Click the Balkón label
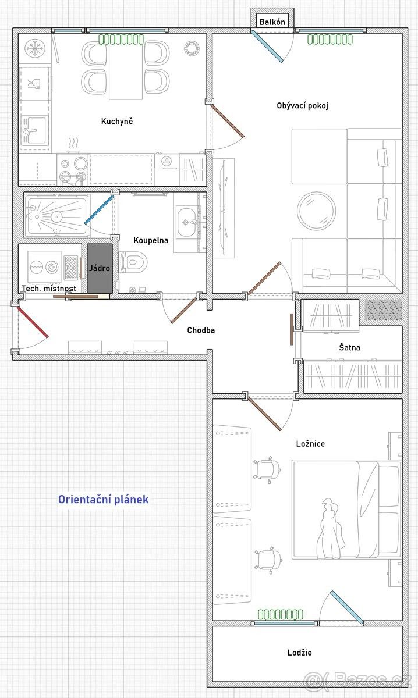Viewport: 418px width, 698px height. [x=272, y=22]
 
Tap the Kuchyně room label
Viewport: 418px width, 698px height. [x=117, y=121]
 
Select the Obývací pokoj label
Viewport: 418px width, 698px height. [x=302, y=106]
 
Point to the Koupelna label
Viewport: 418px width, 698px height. [x=151, y=240]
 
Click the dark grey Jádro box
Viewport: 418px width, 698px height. [x=100, y=268]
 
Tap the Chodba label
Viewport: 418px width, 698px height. [x=201, y=330]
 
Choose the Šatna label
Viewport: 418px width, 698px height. [x=350, y=347]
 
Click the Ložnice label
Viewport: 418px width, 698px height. [x=310, y=443]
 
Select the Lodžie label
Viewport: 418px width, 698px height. [x=299, y=652]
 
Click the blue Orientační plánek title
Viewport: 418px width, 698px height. [x=103, y=499]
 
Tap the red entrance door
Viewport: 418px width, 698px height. [x=32, y=322]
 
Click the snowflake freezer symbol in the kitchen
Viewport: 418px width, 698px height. [x=36, y=49]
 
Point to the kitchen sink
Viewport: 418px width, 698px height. [x=34, y=130]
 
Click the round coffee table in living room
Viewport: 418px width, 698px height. [x=316, y=211]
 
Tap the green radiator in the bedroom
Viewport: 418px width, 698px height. [x=281, y=614]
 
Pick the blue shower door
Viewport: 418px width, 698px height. [x=98, y=210]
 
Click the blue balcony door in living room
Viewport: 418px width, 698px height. [x=267, y=46]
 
